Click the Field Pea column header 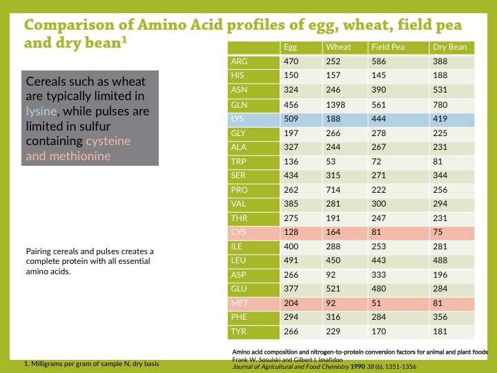[x=388, y=48]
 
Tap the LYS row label [x=238, y=119]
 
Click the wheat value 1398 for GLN [x=335, y=104]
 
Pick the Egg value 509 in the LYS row [x=291, y=119]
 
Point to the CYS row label [x=238, y=232]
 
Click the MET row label [x=240, y=303]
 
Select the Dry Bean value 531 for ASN [x=440, y=90]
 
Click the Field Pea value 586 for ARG [x=379, y=61]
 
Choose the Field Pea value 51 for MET [x=376, y=303]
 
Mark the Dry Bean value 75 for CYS [x=438, y=232]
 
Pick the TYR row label [x=238, y=332]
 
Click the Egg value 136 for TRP [x=291, y=162]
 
